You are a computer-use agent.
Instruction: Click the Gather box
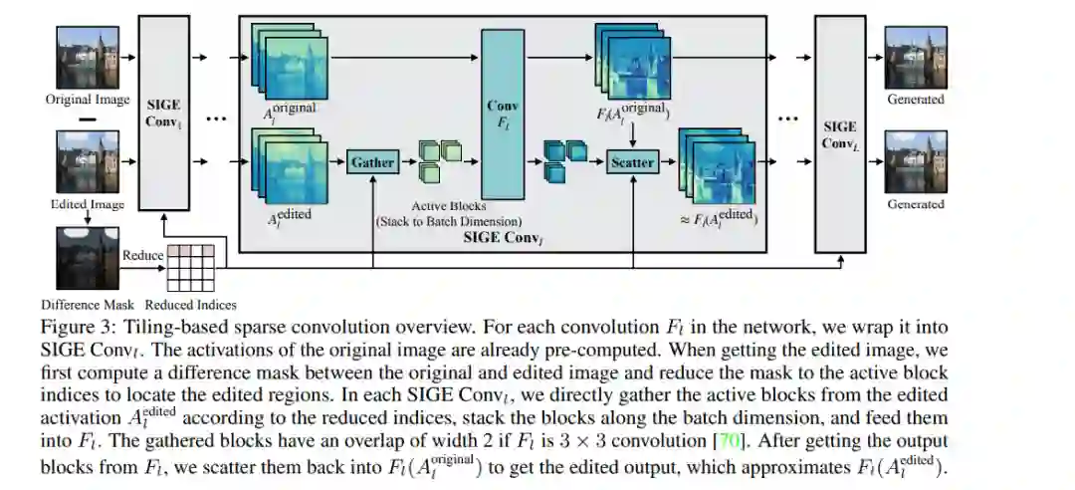[x=372, y=161]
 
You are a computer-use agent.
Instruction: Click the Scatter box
[x=632, y=161]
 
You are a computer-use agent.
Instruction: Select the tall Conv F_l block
[x=503, y=112]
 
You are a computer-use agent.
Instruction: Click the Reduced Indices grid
[x=190, y=265]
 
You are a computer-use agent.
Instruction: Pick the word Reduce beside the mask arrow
[x=142, y=255]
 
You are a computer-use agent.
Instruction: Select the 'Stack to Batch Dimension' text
[x=449, y=220]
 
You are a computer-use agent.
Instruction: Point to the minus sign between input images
[x=87, y=121]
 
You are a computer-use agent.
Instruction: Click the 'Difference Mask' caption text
[x=88, y=304]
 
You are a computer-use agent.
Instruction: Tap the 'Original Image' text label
[x=88, y=100]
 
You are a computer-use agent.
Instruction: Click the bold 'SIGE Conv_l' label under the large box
[x=503, y=239]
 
